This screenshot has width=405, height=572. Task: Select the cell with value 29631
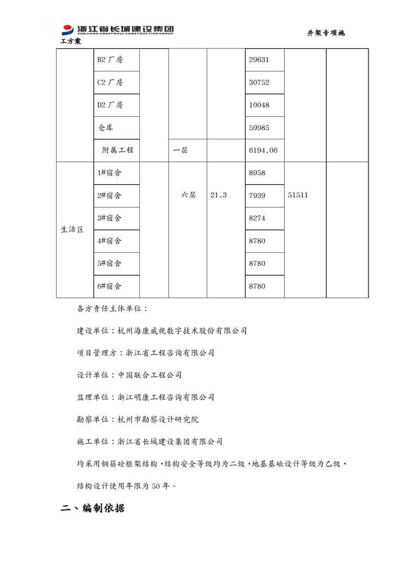(259, 60)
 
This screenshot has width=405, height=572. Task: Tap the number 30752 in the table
(259, 83)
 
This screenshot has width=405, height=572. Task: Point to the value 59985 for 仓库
(259, 128)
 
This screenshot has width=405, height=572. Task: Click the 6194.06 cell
(263, 151)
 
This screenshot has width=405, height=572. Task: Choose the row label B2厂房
(110, 60)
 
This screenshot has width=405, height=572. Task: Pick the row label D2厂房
(110, 105)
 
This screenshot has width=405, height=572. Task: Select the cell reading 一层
(180, 151)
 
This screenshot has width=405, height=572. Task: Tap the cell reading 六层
(188, 195)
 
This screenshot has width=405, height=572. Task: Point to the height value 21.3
(218, 195)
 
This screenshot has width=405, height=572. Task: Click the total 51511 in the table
(298, 195)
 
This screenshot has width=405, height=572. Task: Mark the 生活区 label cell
(72, 229)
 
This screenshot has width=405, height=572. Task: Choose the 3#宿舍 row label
(109, 218)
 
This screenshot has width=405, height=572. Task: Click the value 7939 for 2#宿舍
(257, 195)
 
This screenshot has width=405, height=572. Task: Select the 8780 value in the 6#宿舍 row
(257, 286)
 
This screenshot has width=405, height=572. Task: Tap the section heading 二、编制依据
(93, 508)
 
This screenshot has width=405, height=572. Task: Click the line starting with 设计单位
(129, 375)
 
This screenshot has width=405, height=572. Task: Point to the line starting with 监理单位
(145, 397)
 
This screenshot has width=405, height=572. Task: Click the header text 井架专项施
(326, 33)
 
